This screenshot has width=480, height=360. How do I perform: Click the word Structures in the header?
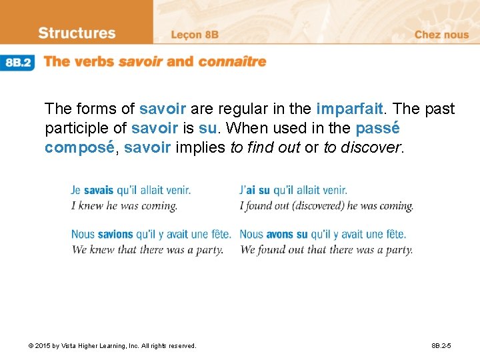click(77, 33)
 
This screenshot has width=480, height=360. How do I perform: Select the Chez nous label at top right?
click(441, 34)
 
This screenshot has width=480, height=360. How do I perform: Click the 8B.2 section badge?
click(18, 62)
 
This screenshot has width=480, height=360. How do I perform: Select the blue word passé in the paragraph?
click(377, 128)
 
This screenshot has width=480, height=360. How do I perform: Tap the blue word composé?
click(79, 147)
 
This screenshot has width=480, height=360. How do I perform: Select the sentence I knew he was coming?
click(124, 206)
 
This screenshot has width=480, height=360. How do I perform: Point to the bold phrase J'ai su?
click(256, 191)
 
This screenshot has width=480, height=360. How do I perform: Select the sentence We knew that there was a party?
click(147, 250)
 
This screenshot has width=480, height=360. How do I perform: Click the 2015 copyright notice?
click(112, 346)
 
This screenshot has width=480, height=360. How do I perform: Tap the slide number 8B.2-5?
click(441, 346)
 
